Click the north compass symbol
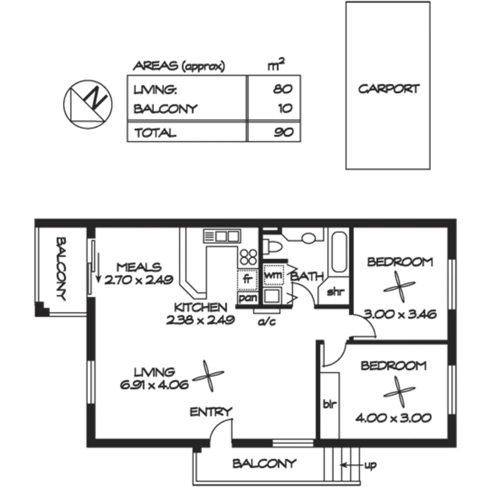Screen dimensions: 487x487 click(x=87, y=102)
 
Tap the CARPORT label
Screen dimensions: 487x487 click(x=388, y=89)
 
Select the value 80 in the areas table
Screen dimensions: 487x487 click(x=282, y=89)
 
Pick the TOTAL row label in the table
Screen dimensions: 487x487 click(x=154, y=133)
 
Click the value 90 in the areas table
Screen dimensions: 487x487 click(x=283, y=132)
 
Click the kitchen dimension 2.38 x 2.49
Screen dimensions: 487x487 click(x=200, y=320)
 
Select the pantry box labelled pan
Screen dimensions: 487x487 click(x=247, y=298)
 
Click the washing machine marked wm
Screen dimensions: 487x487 click(x=273, y=275)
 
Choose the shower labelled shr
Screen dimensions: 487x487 click(x=335, y=292)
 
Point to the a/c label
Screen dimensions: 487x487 click(x=264, y=322)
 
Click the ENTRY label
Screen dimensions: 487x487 click(x=211, y=412)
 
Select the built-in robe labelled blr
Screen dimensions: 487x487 click(x=330, y=403)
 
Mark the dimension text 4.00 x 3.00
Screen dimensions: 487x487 click(x=393, y=418)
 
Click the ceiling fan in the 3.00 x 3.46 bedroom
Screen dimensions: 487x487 click(x=399, y=287)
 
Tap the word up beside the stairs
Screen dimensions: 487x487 click(x=370, y=465)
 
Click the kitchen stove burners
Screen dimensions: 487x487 click(x=248, y=257)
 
